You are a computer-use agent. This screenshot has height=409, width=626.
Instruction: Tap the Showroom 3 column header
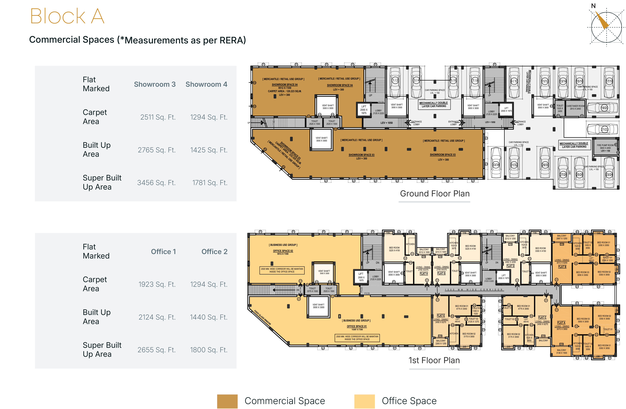pos(155,84)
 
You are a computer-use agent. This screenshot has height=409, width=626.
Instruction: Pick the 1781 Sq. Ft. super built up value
pos(210,183)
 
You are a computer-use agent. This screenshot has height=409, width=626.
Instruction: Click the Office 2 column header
pos(214,252)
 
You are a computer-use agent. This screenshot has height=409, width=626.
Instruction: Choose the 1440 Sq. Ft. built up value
pos(209,317)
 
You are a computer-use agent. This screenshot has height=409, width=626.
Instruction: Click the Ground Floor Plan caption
pos(434,194)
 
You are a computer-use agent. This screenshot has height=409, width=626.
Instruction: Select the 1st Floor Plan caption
pos(434,360)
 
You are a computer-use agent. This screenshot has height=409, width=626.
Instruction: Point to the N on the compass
pos(593,6)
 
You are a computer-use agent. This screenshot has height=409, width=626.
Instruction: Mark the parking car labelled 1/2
pos(395,80)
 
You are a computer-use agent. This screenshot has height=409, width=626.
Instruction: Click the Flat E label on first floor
pos(441,316)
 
